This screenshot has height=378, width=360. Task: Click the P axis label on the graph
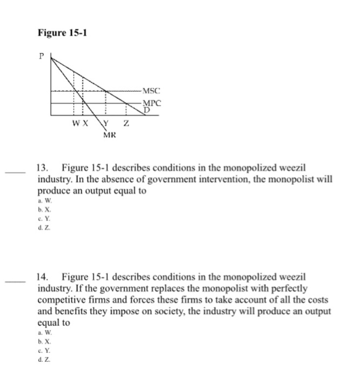42,55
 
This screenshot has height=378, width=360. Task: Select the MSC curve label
152,91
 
